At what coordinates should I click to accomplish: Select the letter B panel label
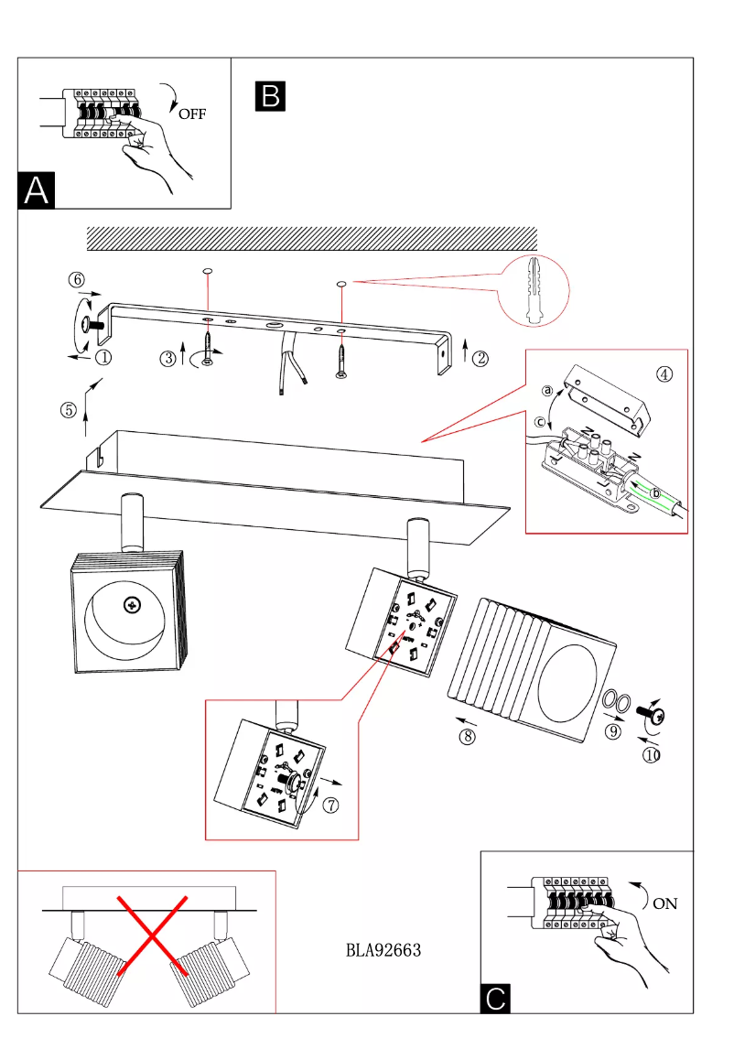pos(272,96)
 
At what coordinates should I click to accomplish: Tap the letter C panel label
pos(495,997)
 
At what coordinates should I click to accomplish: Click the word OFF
pos(192,114)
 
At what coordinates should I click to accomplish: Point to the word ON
pos(665,903)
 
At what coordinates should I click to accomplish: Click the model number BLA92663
pos(383,950)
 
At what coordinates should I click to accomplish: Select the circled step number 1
pos(103,358)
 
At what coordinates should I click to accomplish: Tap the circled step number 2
pos(479,359)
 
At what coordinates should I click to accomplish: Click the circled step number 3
pos(167,359)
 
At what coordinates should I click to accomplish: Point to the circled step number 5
pos(69,410)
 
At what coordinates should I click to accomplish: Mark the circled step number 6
pos(78,279)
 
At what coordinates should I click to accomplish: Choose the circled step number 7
pos(330,806)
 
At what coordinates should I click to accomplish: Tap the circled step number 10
pos(652,755)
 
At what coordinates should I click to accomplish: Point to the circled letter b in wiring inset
pos(654,492)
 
